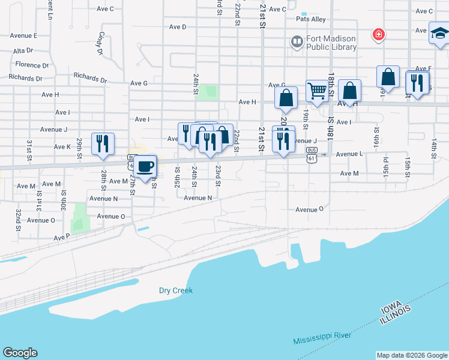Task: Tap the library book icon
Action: point(297,42)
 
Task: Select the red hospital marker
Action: point(378,35)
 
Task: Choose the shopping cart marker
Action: point(316,91)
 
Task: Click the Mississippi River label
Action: point(322,337)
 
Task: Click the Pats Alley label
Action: point(311,19)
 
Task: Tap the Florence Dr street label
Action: point(32,65)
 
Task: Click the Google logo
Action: point(20,353)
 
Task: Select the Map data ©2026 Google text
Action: point(412,355)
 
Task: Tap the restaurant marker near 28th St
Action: point(103,143)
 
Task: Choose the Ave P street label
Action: point(61,238)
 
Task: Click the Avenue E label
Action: point(23,35)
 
